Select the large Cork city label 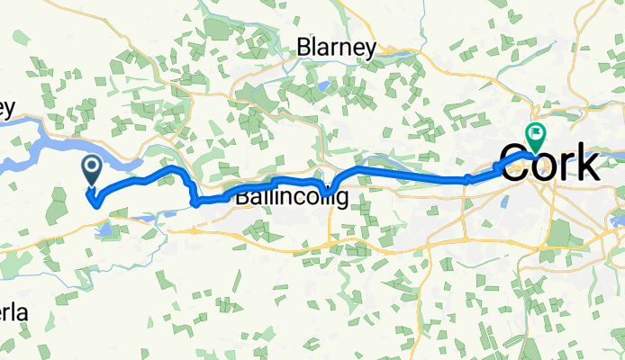pos(548,165)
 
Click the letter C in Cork pos(513,166)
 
